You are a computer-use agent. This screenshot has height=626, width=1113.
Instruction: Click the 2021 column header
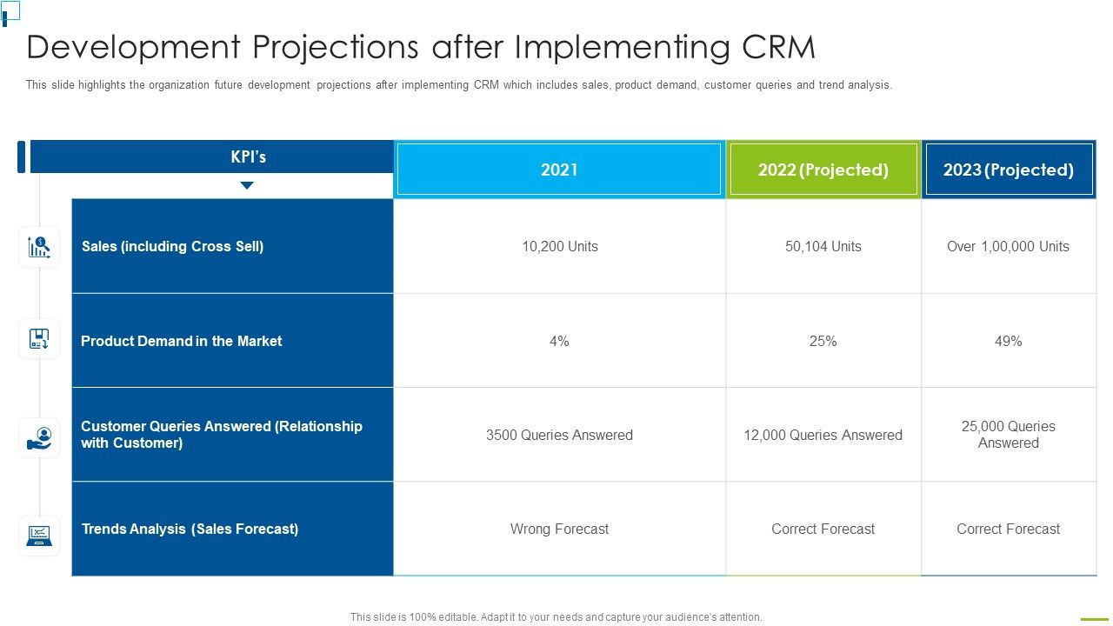559,170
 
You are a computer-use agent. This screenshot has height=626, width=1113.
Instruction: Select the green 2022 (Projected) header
823,170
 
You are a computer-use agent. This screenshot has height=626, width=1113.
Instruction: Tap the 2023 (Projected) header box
1009,170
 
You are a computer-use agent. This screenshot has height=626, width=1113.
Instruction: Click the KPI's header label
248,157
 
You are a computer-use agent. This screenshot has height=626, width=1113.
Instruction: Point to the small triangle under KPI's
247,185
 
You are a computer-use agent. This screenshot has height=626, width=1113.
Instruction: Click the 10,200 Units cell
559,246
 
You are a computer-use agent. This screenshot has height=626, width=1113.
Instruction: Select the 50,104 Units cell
823,246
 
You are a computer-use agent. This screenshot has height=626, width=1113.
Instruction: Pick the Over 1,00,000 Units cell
1008,246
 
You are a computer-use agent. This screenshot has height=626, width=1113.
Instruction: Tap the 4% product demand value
559,341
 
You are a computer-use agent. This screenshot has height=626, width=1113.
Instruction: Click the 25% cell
823,341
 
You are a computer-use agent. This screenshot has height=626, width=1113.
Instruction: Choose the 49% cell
1008,341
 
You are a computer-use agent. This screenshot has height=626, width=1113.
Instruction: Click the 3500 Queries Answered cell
559,435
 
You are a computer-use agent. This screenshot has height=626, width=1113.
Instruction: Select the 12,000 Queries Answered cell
823,435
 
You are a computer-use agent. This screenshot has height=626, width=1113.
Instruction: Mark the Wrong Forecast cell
559,529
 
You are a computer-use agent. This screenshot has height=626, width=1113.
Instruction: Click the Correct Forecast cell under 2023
1008,529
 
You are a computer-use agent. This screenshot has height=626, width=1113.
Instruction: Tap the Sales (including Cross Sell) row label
172,246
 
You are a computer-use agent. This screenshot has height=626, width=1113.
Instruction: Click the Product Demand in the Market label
181,341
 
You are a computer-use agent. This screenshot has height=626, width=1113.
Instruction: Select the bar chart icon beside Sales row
39,247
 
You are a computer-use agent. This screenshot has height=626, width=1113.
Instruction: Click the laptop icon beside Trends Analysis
39,536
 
